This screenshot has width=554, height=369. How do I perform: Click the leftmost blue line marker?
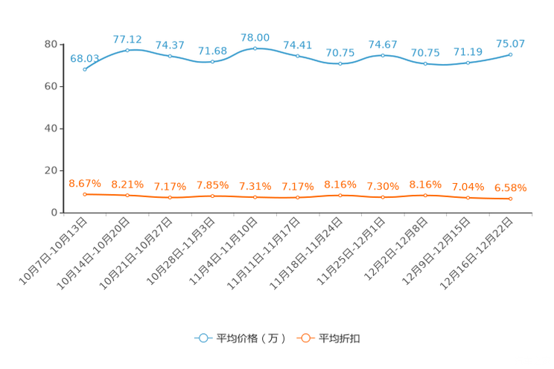tap(85, 69)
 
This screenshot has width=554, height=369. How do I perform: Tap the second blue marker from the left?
tap(127, 50)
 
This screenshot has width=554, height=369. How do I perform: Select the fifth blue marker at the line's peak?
tap(255, 48)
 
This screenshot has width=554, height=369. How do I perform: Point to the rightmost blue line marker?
tap(511, 54)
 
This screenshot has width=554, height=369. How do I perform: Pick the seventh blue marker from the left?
tap(340, 64)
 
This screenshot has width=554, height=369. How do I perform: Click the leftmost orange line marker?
tap(85, 194)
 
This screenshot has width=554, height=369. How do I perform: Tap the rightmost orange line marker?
tap(511, 199)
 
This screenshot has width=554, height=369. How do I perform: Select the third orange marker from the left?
tap(170, 198)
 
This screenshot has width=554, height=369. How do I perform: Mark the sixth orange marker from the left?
tap(298, 198)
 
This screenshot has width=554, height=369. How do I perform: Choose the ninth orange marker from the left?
tap(425, 196)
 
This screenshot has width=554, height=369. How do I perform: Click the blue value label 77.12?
tap(127, 39)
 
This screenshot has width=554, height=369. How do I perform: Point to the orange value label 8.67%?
tap(84, 182)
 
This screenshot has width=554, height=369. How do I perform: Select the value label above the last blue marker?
tap(511, 43)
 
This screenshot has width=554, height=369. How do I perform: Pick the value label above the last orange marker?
tap(511, 188)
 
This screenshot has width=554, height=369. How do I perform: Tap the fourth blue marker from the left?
tap(213, 62)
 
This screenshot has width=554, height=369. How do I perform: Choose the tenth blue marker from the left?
tap(468, 62)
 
